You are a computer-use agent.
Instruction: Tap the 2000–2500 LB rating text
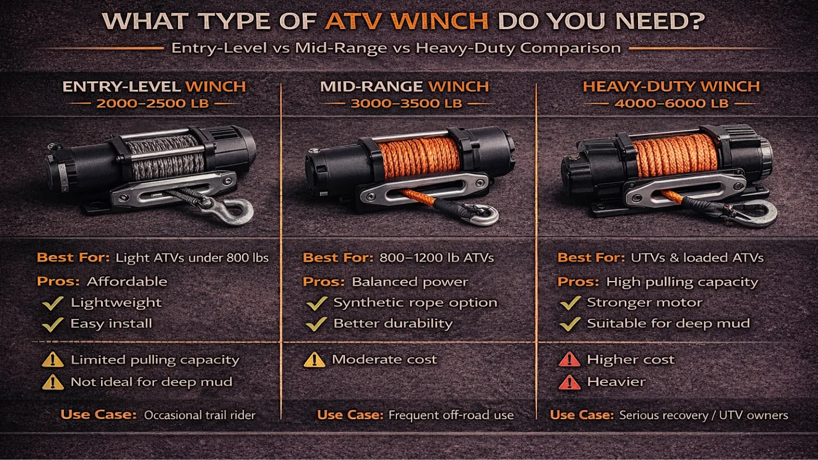153,103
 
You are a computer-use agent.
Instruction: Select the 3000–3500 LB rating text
406,103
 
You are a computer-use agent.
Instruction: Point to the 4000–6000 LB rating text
671,103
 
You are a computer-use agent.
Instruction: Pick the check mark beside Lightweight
53,303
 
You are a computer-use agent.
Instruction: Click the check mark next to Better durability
316,324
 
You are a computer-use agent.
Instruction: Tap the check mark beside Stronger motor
570,303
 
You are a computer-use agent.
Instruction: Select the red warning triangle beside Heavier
569,382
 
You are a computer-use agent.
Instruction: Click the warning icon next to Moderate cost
314,360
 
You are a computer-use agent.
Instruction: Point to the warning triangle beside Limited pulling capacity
53,360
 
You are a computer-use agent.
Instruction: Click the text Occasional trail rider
199,415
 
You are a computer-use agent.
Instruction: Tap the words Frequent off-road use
451,415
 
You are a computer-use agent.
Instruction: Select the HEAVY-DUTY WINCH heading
671,86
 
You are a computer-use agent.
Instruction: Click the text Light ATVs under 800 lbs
192,258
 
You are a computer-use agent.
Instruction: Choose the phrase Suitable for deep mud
668,324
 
